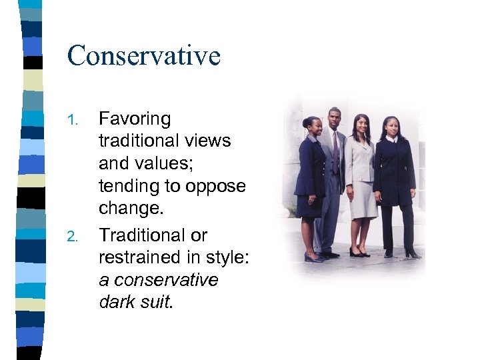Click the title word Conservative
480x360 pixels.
pyautogui.click(x=143, y=55)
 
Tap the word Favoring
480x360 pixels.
pyautogui.click(x=135, y=120)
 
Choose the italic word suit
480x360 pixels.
pyautogui.click(x=155, y=302)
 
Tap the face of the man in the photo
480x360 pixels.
pyautogui.click(x=334, y=121)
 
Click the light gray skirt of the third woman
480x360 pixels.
pyautogui.click(x=363, y=200)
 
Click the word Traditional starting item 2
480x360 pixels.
pyautogui.click(x=153, y=235)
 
